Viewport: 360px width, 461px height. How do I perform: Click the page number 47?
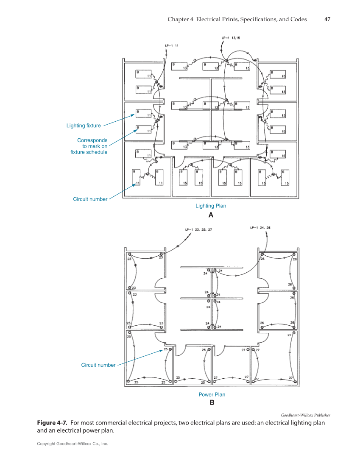click(x=327, y=20)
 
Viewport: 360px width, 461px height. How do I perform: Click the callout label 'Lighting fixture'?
click(x=84, y=126)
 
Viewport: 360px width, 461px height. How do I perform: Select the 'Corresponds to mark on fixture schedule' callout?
click(x=89, y=146)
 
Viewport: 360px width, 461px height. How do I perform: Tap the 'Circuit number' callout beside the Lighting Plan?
click(x=90, y=199)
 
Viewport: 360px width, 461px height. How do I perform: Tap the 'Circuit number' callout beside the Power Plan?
click(x=98, y=365)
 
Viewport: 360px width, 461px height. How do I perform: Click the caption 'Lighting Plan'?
click(x=210, y=206)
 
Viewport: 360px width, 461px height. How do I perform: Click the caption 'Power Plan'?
click(x=212, y=394)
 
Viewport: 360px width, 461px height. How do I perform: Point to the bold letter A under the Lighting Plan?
click(x=210, y=215)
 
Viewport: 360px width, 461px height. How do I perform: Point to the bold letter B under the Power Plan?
click(x=212, y=403)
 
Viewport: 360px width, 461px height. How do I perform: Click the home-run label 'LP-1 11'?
click(x=172, y=45)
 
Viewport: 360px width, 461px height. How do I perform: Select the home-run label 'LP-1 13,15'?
click(x=231, y=38)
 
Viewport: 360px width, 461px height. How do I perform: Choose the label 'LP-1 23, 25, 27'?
click(x=198, y=229)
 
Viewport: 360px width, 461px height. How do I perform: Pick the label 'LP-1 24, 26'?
click(x=260, y=228)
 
